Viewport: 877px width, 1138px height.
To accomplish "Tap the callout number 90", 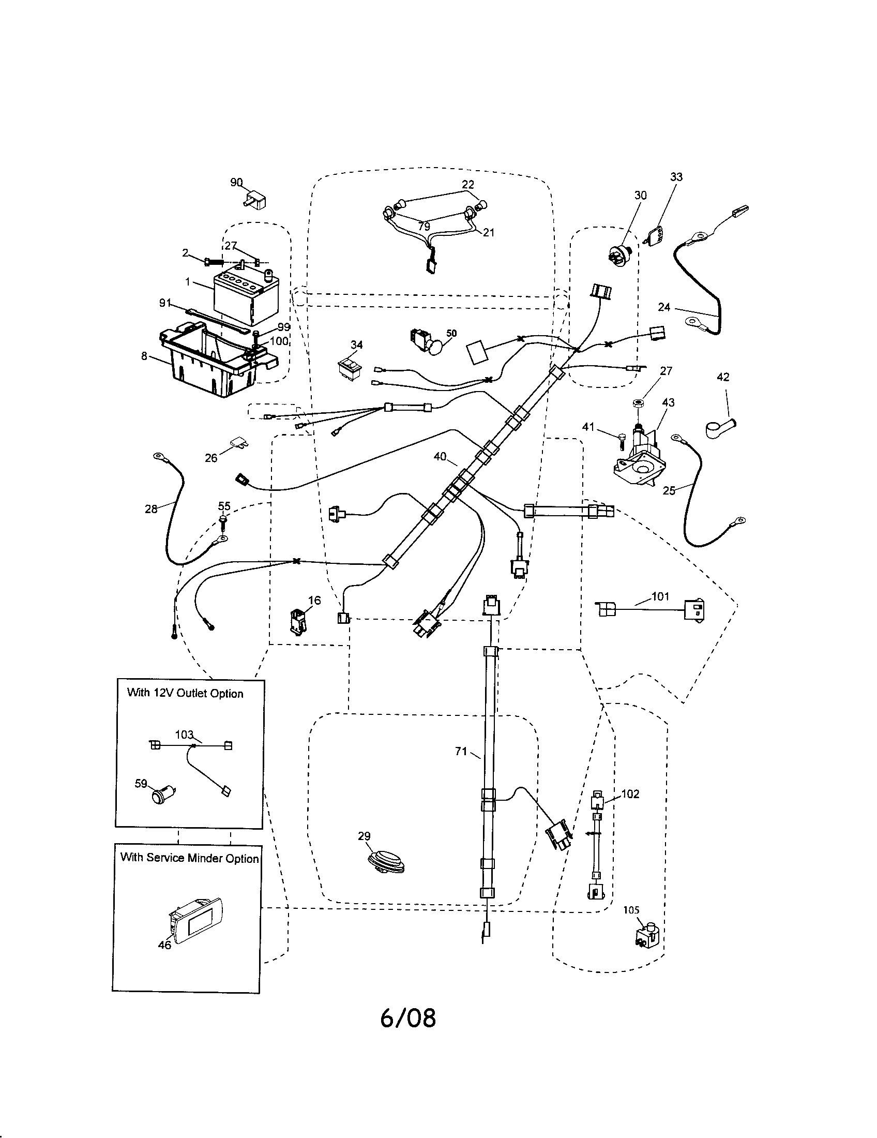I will click(x=236, y=183).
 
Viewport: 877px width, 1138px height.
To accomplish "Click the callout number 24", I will click(x=664, y=307).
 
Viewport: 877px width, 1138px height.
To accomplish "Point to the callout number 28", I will click(x=151, y=509).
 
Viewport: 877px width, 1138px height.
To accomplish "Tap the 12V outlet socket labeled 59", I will click(x=159, y=797).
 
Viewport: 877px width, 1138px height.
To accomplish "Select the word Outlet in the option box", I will click(x=189, y=693).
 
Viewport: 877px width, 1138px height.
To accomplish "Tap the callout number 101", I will click(x=660, y=596).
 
